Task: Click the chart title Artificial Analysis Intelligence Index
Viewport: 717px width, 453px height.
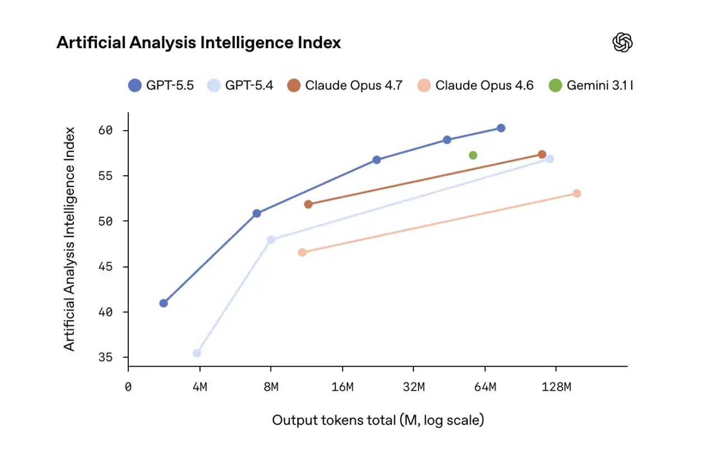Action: point(198,43)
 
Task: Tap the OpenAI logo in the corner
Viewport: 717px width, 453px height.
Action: point(622,43)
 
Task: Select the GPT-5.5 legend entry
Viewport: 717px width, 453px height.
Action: point(161,86)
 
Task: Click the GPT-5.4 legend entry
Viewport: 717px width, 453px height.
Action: point(241,86)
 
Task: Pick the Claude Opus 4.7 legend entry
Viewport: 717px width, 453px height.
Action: point(344,86)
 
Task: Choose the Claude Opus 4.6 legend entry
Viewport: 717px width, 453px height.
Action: point(476,86)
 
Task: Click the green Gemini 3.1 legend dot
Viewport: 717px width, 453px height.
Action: point(555,86)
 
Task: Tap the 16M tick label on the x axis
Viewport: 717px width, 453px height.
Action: point(342,387)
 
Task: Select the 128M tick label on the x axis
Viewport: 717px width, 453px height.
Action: point(556,387)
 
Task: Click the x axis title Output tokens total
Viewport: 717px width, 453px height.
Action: point(378,420)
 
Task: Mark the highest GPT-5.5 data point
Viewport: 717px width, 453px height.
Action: point(501,128)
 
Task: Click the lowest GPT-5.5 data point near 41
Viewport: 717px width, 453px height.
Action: point(164,303)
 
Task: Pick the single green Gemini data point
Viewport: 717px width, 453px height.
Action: point(473,155)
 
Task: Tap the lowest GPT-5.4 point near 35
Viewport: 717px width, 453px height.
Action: point(197,353)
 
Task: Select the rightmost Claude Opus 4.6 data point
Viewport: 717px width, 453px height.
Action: point(576,193)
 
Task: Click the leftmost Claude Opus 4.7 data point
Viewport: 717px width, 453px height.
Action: point(308,204)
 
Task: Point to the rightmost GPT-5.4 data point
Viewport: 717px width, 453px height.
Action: point(550,159)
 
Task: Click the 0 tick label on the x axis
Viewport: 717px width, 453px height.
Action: point(128,387)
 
